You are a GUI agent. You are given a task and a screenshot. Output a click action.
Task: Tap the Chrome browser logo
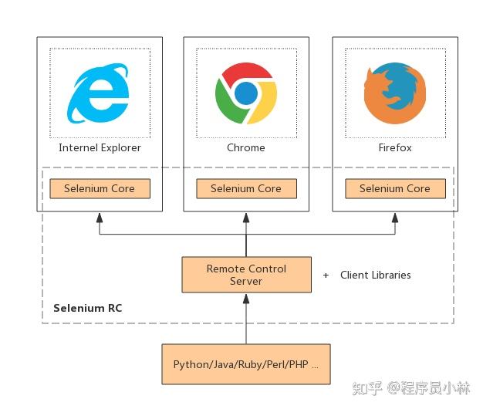(x=246, y=94)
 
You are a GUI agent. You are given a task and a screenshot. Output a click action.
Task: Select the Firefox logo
(x=394, y=94)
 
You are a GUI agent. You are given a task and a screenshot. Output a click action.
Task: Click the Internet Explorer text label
(x=100, y=147)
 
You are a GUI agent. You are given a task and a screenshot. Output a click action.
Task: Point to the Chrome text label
(x=246, y=147)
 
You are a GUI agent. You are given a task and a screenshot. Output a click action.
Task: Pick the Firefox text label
(x=394, y=147)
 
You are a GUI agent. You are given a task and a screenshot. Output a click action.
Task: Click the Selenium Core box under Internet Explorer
(x=100, y=188)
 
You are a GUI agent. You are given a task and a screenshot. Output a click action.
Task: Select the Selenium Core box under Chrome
(x=246, y=188)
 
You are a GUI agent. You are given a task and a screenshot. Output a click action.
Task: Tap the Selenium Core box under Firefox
(x=394, y=188)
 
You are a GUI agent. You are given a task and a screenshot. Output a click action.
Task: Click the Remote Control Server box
(x=246, y=275)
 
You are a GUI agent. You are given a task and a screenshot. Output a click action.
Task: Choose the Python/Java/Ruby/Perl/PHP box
(x=245, y=364)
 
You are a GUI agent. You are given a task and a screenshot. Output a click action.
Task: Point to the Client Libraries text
(x=375, y=275)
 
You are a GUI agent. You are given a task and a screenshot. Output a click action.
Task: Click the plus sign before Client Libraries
(x=326, y=275)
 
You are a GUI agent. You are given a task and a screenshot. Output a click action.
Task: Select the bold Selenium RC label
(x=87, y=308)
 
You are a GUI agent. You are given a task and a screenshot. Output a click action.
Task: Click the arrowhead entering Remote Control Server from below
(x=246, y=298)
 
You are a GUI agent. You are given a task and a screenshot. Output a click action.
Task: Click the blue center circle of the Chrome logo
(x=246, y=94)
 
